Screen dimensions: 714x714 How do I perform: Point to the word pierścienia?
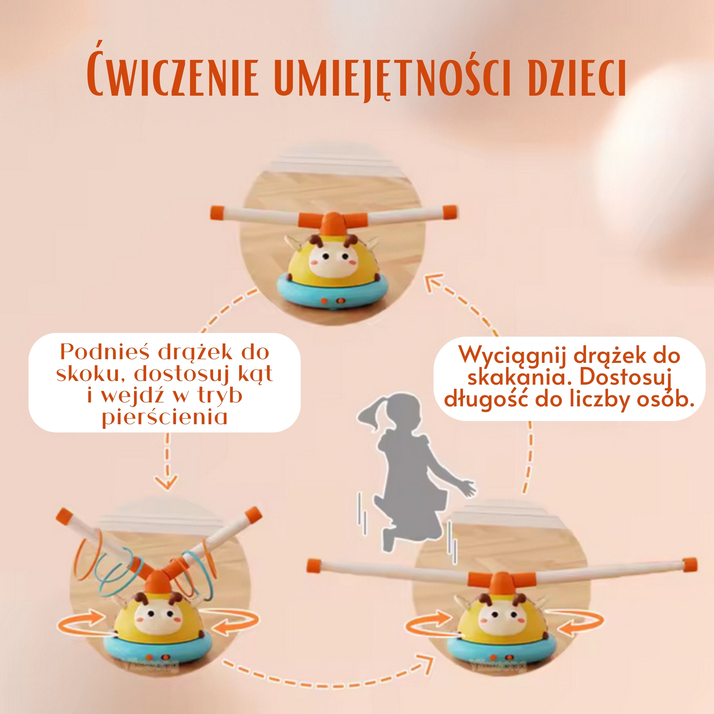[165, 418]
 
